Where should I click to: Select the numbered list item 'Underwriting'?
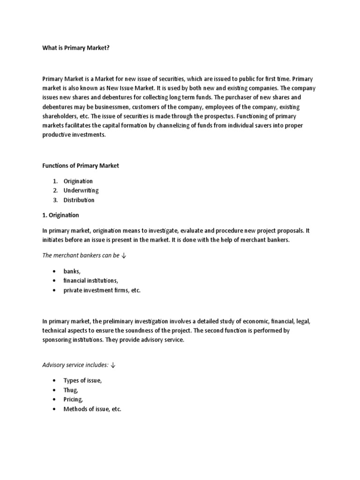81,190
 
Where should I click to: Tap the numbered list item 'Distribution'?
79,200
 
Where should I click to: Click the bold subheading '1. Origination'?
61,215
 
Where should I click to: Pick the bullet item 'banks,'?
72,271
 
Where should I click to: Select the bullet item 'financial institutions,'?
90,281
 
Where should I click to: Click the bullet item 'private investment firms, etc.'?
102,290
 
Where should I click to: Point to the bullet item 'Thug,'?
71,390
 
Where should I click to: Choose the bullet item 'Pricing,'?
73,399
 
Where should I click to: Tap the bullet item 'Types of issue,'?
82,381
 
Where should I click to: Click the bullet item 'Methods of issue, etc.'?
92,409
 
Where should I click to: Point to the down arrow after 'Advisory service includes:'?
112,365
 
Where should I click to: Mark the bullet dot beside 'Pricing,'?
55,399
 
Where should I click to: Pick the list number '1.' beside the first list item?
55,181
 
